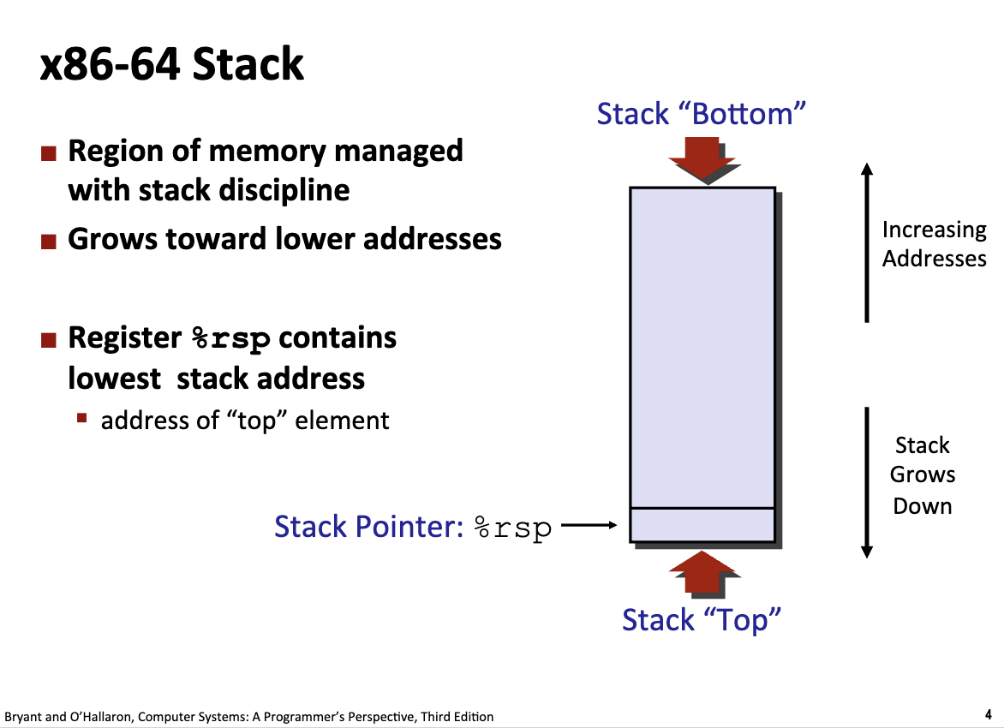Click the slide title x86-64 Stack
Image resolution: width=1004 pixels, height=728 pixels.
pos(171,65)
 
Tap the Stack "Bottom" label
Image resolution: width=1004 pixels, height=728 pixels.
pos(702,114)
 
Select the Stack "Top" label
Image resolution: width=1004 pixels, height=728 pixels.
pos(702,619)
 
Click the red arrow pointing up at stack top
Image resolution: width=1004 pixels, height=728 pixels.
pos(702,571)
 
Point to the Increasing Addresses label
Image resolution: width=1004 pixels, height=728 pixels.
pos(934,244)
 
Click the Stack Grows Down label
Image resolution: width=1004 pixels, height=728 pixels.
pos(922,475)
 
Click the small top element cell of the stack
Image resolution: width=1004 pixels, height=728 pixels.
pos(702,525)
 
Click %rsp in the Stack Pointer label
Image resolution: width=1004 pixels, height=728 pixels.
pos(512,528)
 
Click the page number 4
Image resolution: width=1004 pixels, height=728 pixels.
pos(988,713)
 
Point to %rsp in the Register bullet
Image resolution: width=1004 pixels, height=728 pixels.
pos(231,339)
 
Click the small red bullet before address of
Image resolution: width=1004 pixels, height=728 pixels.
pos(82,420)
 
